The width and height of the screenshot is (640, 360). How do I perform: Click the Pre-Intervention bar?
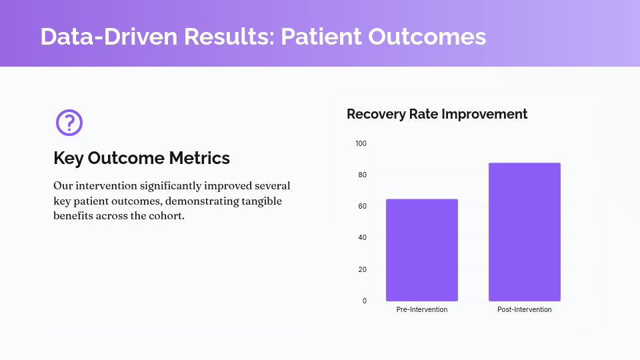[x=422, y=250]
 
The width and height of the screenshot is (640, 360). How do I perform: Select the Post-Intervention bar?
[x=525, y=232]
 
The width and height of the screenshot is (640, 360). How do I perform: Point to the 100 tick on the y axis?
[x=361, y=144]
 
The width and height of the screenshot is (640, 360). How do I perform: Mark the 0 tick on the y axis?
[x=364, y=301]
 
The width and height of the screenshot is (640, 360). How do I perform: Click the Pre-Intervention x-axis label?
[x=422, y=310]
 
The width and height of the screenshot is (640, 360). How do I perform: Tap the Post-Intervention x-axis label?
[x=525, y=310]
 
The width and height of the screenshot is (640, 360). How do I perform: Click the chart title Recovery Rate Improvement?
[x=437, y=114]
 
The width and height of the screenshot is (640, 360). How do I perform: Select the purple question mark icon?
[x=69, y=123]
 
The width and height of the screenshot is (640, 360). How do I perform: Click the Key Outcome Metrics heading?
[x=141, y=158]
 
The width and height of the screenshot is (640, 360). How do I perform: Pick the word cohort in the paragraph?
[x=165, y=216]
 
